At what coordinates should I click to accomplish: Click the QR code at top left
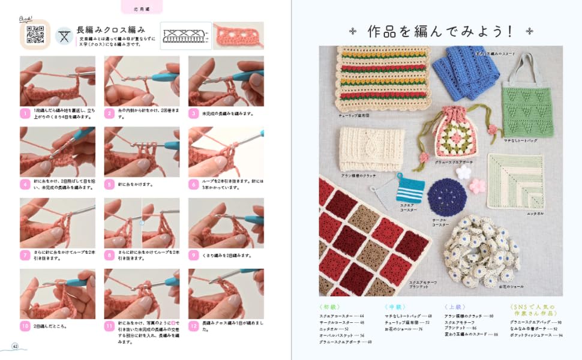coord(35,36)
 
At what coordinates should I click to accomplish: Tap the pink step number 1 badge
coord(25,113)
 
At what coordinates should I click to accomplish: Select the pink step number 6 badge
coord(194,184)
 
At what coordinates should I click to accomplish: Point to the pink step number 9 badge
coord(194,255)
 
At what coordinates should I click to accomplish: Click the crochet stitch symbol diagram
coord(186,36)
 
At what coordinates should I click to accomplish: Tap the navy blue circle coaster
coord(447,197)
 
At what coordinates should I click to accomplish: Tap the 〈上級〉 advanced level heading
coord(454,307)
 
